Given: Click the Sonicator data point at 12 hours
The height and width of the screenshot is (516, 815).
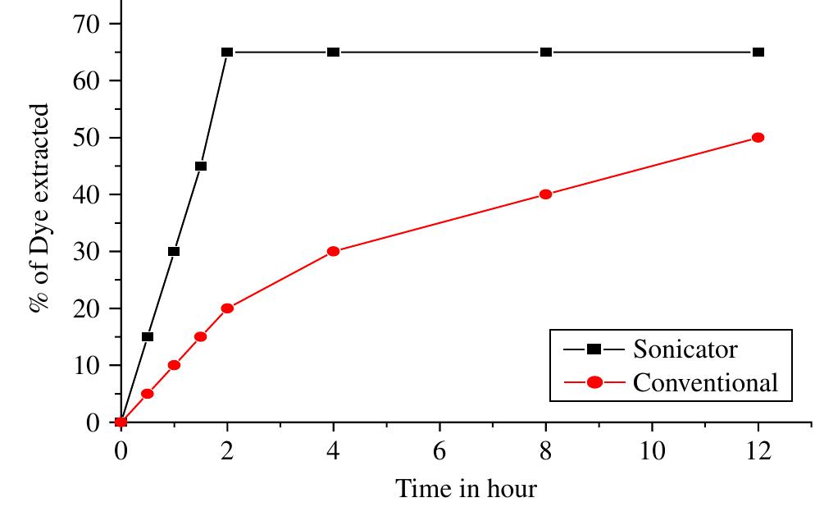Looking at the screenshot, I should (x=758, y=53).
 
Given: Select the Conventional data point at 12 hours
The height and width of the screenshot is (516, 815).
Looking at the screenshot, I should (x=758, y=138).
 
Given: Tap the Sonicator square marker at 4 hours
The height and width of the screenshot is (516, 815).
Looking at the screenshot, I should (x=333, y=53).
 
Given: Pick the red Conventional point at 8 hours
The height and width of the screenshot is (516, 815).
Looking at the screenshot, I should (x=545, y=194).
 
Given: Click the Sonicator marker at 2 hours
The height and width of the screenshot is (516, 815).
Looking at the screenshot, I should (x=227, y=53).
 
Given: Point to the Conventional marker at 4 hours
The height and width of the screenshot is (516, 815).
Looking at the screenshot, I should (x=333, y=251).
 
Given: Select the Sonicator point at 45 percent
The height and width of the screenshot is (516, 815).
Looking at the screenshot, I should (x=201, y=167).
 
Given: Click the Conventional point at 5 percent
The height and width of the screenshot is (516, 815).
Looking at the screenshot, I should (x=148, y=394).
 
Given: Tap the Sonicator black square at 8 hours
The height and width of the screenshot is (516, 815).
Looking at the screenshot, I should (x=545, y=53).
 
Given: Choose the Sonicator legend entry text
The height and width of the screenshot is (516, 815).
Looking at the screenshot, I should (x=685, y=349).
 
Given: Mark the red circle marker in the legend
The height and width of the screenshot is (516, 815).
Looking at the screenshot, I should (x=595, y=382).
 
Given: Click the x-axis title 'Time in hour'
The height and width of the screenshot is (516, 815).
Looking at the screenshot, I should (x=467, y=490).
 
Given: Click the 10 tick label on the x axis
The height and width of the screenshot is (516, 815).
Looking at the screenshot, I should (x=652, y=452).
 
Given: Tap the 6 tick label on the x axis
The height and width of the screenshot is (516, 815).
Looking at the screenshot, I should (x=439, y=452).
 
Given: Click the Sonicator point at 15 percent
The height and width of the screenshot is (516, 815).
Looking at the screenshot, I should (x=148, y=336).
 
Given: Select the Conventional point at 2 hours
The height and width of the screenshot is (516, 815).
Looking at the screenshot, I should (x=227, y=308).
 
